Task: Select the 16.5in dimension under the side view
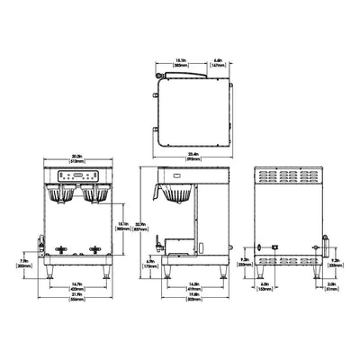pos(194,287)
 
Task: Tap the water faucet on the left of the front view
pos(40,241)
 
